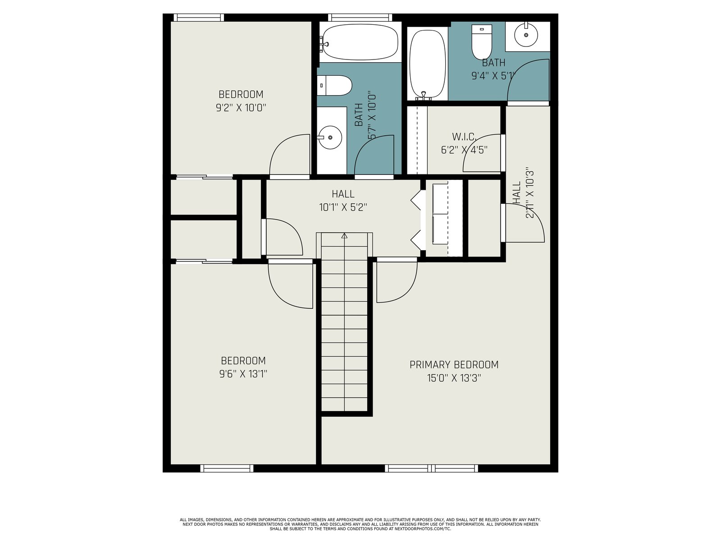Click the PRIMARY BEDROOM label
(454, 365)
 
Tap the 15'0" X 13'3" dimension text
(454, 378)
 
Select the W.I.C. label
(464, 136)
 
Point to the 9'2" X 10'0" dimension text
(241, 108)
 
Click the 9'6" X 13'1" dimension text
(243, 374)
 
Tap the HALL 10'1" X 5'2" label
(343, 201)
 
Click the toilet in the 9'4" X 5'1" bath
(482, 42)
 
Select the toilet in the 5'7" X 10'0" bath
(334, 85)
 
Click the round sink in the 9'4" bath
(526, 35)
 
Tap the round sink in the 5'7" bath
(330, 138)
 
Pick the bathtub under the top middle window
(360, 42)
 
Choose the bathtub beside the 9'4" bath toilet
(428, 65)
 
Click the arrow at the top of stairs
(344, 235)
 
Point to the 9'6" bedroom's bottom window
(227, 468)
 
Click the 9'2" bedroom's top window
(198, 18)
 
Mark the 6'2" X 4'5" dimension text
(464, 150)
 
